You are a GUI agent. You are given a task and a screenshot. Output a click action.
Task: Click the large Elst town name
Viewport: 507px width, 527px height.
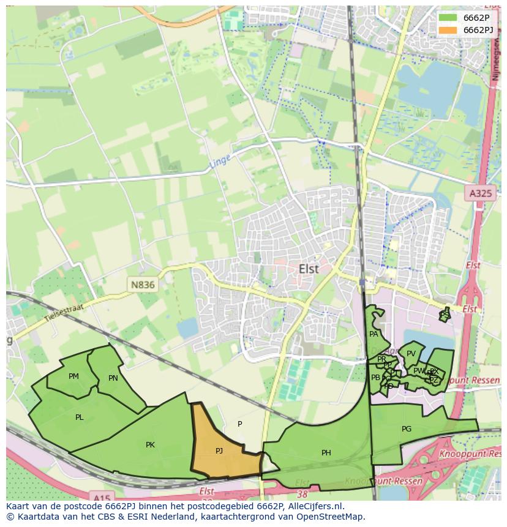tap(309, 269)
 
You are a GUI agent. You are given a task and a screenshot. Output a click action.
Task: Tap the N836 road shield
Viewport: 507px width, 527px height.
tap(142, 285)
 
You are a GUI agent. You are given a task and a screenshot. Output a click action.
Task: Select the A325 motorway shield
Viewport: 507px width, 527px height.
tap(479, 193)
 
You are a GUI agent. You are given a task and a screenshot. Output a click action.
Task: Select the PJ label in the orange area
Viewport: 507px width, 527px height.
tap(219, 450)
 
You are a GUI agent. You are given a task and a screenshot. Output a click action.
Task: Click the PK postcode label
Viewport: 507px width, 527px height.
tap(150, 445)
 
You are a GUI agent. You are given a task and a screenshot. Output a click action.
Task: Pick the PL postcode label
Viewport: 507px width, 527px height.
tap(79, 417)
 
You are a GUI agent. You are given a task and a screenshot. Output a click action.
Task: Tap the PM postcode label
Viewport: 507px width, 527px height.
tap(73, 376)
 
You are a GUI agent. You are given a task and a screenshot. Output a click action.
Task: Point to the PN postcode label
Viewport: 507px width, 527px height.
tap(113, 378)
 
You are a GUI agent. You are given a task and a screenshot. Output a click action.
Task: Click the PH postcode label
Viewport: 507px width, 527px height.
tap(326, 453)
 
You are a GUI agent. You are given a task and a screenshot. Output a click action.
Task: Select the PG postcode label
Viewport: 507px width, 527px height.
tap(406, 429)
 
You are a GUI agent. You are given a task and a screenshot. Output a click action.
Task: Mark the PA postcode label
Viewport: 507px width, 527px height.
tap(374, 334)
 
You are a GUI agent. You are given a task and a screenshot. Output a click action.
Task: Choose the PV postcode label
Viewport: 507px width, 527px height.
tap(411, 354)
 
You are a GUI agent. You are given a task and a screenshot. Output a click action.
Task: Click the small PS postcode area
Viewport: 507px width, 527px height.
tap(445, 315)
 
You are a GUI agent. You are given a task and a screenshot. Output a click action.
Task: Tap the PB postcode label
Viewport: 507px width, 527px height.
tap(375, 378)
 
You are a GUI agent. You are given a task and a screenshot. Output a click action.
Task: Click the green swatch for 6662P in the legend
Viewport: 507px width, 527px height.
tap(448, 17)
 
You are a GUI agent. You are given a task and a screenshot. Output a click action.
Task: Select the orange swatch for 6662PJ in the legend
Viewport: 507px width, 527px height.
tap(448, 30)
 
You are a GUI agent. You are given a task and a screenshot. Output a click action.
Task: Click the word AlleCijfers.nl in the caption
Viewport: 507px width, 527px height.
tap(309, 506)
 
